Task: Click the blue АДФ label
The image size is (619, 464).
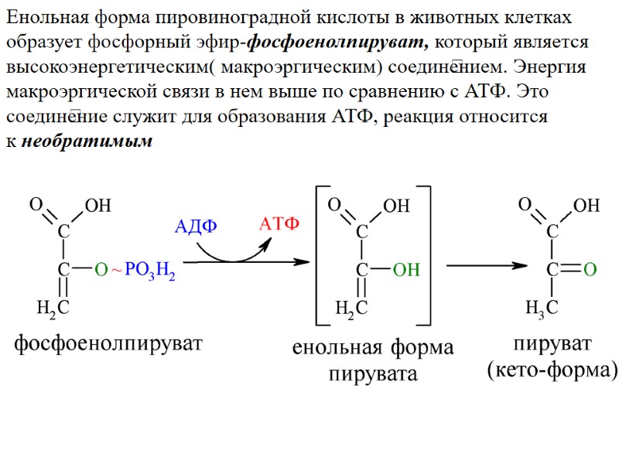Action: coord(197,227)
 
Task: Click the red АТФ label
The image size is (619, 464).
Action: coord(279,224)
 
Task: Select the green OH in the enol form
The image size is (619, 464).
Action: coord(406,270)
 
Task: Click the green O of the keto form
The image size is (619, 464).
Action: coord(589,270)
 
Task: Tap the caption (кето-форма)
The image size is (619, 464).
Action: coord(552,370)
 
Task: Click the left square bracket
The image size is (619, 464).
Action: coord(320,255)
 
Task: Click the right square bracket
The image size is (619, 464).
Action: coord(426,255)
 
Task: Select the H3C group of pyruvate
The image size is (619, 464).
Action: coord(542,309)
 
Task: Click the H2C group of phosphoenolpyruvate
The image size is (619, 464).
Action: coord(53,309)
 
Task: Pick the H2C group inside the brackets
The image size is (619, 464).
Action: coord(351,309)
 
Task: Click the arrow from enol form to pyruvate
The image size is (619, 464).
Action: coord(486,266)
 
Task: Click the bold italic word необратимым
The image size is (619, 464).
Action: coord(87,142)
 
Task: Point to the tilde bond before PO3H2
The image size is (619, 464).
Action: coord(117,270)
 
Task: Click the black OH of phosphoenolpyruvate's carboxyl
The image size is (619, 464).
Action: coord(97,206)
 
